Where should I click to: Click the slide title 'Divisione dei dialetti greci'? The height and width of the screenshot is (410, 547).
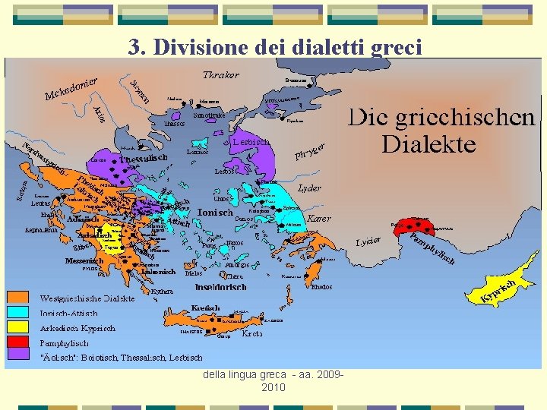tap(274, 47)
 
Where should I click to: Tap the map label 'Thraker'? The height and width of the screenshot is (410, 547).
tap(221, 74)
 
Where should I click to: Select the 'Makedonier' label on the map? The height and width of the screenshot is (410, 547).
tap(74, 88)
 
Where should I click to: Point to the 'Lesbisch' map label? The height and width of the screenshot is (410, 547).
tap(251, 141)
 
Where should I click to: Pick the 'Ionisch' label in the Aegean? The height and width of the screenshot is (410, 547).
tap(214, 213)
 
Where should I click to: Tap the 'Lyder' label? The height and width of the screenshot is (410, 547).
tap(310, 188)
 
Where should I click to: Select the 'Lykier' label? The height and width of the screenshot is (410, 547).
tap(368, 242)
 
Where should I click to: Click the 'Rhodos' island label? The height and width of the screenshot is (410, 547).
tap(322, 287)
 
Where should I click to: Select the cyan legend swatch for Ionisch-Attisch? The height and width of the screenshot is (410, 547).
tap(18, 313)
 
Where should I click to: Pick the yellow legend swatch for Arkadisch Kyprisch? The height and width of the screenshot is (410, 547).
tap(18, 328)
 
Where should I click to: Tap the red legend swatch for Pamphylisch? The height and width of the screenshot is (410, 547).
tap(18, 342)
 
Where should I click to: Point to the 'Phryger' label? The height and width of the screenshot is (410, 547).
tap(311, 152)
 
